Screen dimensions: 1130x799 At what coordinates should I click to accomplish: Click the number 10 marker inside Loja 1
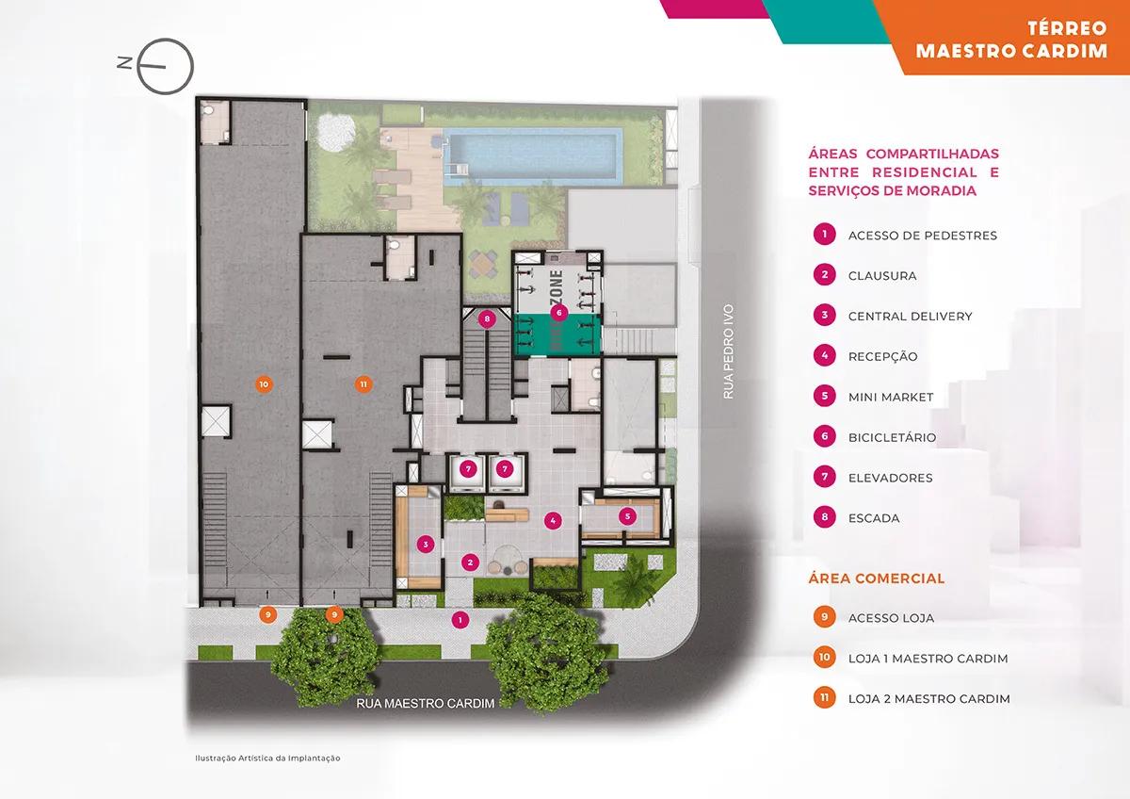264,384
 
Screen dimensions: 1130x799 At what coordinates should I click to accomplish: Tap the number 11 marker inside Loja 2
363,384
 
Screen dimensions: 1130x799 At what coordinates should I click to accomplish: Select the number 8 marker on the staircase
487,319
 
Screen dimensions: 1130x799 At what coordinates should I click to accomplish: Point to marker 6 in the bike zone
558,313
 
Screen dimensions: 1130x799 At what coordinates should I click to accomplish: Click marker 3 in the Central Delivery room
426,544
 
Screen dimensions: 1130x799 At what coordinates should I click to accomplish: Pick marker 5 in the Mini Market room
627,516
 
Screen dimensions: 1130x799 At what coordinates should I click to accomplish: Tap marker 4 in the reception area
553,521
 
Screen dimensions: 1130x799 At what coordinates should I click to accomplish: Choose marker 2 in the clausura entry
470,563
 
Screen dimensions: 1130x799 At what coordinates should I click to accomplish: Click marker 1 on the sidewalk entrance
460,620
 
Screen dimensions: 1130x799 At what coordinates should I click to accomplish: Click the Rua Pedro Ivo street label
728,351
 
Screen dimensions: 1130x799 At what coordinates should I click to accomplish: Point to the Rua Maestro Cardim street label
426,703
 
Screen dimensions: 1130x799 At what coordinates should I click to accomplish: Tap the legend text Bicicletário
892,437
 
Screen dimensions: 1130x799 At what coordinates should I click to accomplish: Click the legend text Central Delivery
910,317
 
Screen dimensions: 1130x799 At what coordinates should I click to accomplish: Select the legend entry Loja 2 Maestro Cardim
929,699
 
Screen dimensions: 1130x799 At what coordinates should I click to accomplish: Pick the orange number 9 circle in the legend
824,617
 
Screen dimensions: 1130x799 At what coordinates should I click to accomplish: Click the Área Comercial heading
877,579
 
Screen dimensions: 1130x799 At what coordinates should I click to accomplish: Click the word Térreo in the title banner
1067,28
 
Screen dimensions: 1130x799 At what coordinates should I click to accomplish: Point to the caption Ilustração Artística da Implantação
267,758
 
